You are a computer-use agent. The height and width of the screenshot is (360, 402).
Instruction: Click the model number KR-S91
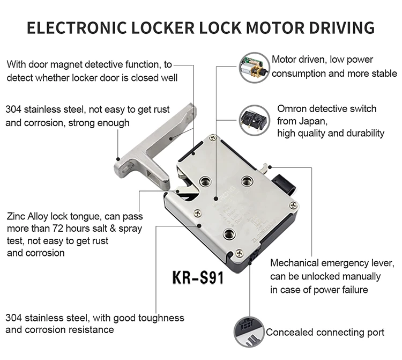[x=198, y=279]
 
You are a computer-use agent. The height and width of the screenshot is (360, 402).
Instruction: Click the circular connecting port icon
[x=248, y=332]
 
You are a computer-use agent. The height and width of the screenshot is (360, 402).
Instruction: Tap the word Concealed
[x=290, y=333]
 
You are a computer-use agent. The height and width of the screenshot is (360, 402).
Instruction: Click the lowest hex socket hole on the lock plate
[x=229, y=233]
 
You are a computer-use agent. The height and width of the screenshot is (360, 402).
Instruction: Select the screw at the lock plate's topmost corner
[x=213, y=139]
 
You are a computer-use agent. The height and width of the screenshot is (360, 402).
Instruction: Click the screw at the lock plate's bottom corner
[x=239, y=253]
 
